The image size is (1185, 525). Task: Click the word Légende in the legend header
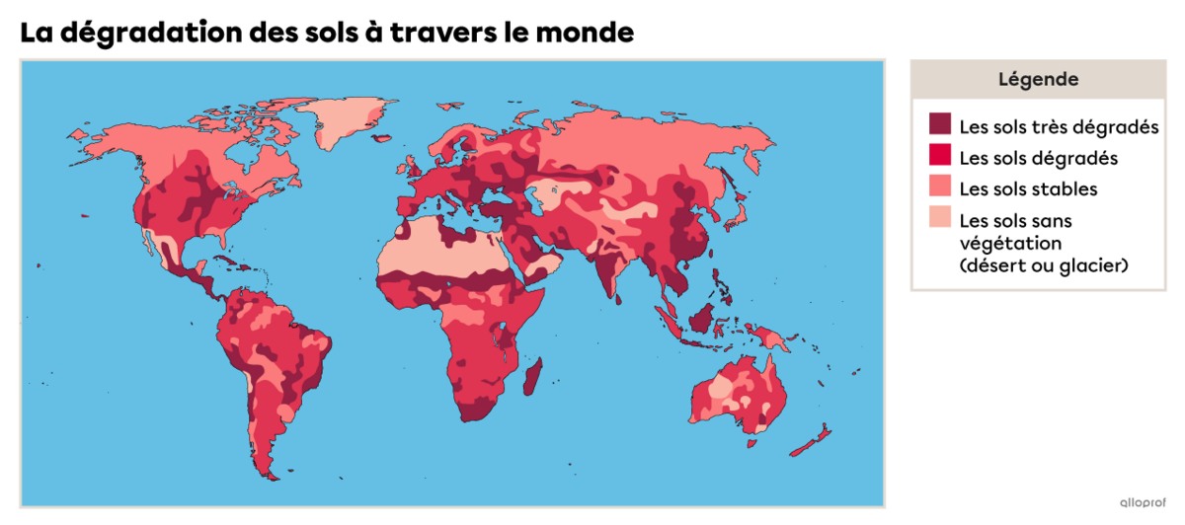pyautogui.click(x=1038, y=79)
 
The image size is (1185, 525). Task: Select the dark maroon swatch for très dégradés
pyautogui.click(x=940, y=124)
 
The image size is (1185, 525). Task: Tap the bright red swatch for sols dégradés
pyautogui.click(x=940, y=156)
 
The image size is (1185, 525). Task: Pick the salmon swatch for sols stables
pyautogui.click(x=940, y=187)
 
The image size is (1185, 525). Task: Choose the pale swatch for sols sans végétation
pyautogui.click(x=940, y=219)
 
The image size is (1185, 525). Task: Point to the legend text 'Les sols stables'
pyautogui.click(x=1028, y=188)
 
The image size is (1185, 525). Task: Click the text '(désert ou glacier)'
pyautogui.click(x=1044, y=266)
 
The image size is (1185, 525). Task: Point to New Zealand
pyautogui.click(x=816, y=440)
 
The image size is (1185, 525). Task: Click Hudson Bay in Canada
pyautogui.click(x=237, y=158)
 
